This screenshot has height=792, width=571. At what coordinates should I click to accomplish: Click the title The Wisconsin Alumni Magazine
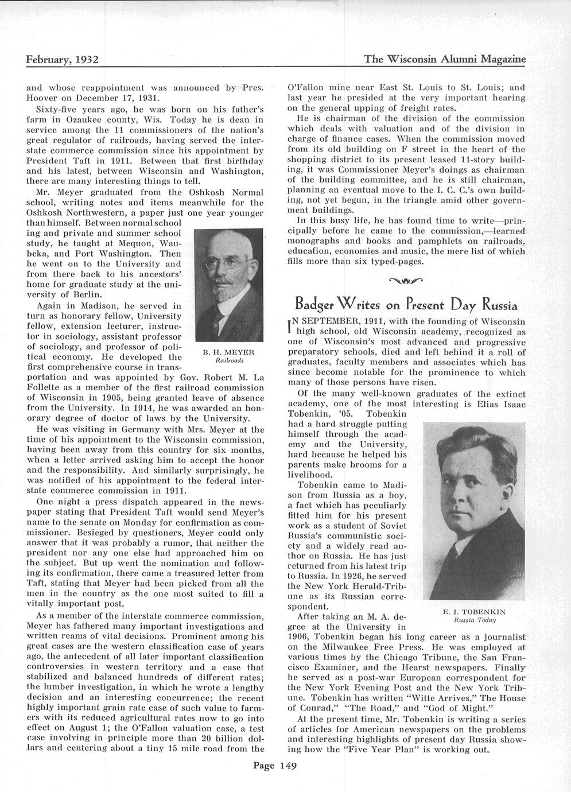pyautogui.click(x=445, y=59)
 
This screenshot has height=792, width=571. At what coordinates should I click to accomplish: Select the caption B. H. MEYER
pyautogui.click(x=230, y=352)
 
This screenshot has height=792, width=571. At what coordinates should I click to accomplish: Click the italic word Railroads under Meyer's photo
pyautogui.click(x=230, y=360)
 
